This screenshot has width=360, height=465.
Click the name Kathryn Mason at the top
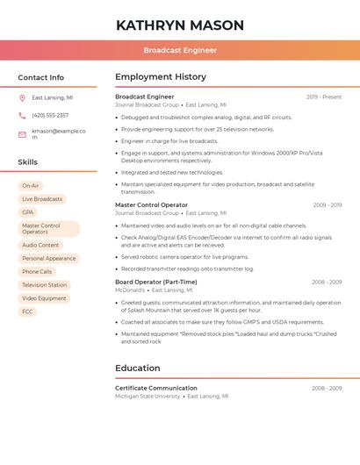click(180, 25)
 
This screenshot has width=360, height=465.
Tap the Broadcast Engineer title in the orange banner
click(180, 50)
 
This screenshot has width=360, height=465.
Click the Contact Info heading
click(40, 77)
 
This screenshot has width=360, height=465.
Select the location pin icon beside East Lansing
click(22, 98)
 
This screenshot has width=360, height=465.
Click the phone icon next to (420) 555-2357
click(22, 115)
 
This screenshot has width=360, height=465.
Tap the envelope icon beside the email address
click(22, 133)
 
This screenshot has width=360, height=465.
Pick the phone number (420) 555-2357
click(50, 115)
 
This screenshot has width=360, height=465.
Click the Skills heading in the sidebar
click(28, 162)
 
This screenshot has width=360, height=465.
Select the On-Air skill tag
click(31, 186)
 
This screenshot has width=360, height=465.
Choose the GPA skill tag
click(28, 212)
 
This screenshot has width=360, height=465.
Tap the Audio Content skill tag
click(40, 246)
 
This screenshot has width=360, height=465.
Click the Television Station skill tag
click(44, 285)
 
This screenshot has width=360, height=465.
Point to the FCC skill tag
click(28, 311)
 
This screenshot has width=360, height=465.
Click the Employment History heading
click(161, 77)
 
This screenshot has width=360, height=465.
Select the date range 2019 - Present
click(324, 97)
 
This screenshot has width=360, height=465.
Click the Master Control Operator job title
click(151, 204)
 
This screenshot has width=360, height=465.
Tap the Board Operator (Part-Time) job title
click(156, 282)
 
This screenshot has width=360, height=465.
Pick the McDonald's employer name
click(130, 290)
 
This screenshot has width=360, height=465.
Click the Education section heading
click(138, 368)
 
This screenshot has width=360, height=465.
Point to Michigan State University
click(148, 396)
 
